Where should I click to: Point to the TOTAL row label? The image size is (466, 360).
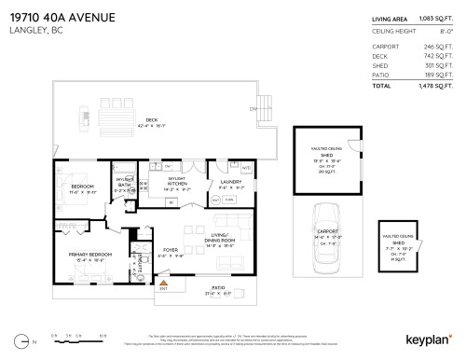pos(382,85)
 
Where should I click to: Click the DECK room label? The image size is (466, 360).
pos(86,118)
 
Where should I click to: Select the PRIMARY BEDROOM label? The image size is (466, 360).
pos(87,253)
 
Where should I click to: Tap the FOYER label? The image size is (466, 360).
pos(171,249)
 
